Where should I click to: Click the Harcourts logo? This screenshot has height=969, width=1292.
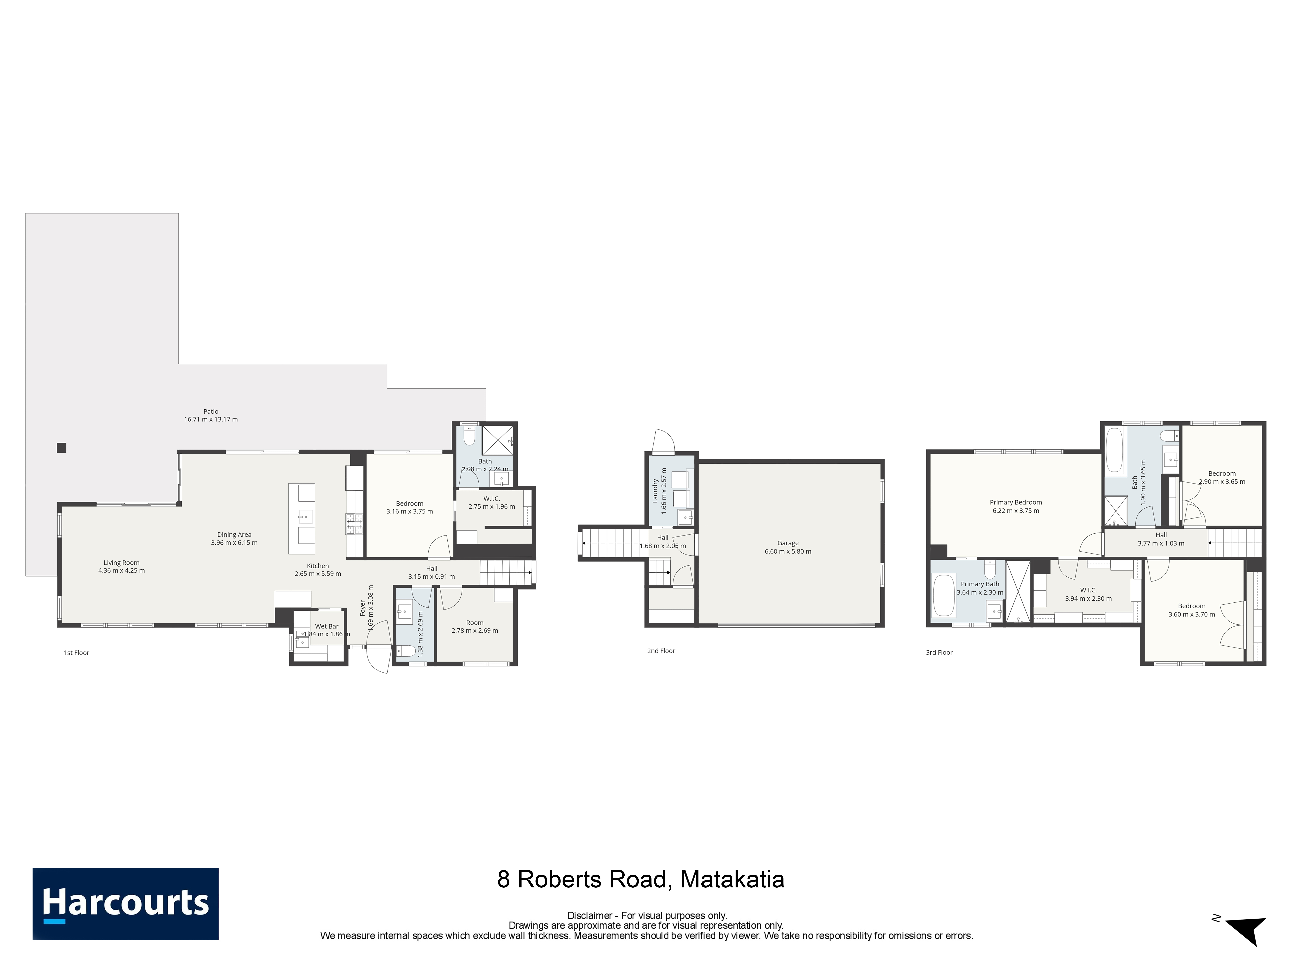126,904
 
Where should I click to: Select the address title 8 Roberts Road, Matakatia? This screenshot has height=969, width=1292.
641,879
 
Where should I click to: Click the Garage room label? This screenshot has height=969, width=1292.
788,543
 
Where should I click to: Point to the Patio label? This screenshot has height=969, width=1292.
211,411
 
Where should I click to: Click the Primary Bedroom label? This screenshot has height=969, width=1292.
1016,502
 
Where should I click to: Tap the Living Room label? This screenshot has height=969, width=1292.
121,562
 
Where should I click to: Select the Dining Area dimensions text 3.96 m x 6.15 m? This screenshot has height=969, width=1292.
234,543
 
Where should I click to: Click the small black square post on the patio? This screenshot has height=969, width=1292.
61,448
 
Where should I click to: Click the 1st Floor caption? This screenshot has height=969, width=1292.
77,653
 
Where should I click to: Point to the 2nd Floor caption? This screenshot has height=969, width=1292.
661,651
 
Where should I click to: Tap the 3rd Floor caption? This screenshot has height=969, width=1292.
939,652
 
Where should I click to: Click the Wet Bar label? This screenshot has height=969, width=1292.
327,626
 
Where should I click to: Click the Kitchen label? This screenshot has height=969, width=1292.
318,566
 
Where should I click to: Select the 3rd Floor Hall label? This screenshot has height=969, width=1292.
1161,535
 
